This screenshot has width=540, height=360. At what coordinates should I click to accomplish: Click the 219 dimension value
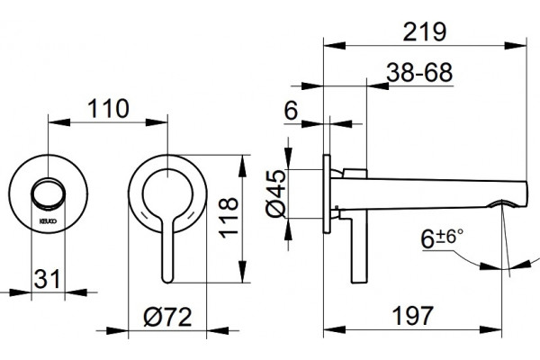click(x=424, y=31)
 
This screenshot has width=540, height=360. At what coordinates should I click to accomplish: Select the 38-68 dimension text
click(x=419, y=72)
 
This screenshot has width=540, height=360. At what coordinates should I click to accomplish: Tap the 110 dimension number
click(x=108, y=109)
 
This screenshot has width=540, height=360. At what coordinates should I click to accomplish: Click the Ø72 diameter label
click(x=167, y=317)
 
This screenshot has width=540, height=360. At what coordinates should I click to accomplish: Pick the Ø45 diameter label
click(x=276, y=193)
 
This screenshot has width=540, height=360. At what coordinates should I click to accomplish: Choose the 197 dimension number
click(x=412, y=316)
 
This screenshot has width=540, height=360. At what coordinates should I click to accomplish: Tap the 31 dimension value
click(x=47, y=279)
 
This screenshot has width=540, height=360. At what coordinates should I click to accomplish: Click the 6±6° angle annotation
click(x=442, y=238)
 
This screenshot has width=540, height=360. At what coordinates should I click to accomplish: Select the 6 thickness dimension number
click(x=291, y=111)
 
